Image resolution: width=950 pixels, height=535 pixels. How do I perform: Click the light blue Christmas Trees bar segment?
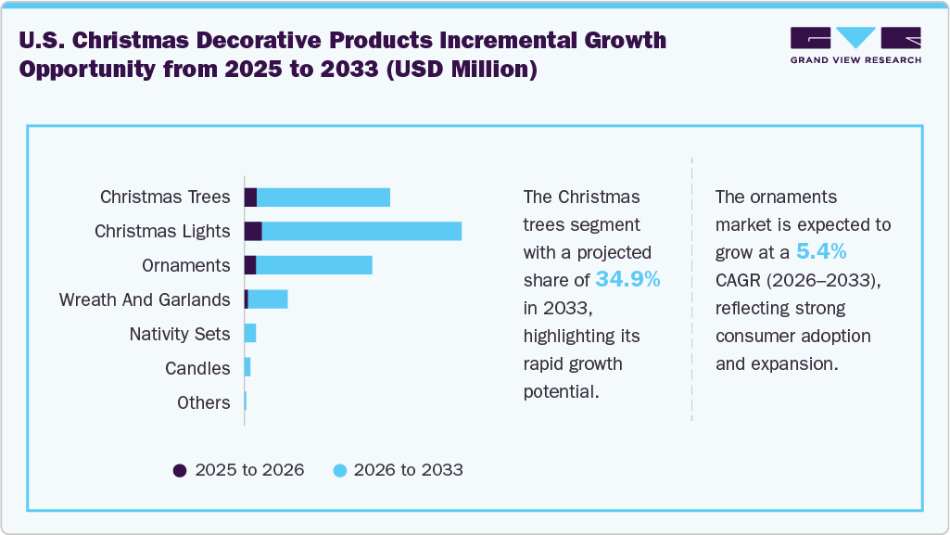coord(323,197)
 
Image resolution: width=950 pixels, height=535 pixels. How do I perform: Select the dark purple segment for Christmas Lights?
coord(253,231)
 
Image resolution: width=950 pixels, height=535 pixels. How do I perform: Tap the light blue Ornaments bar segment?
coord(314,265)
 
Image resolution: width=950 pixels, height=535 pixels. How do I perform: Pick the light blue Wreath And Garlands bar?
coord(268,299)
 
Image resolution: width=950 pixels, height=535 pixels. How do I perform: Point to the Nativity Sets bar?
coord(250,334)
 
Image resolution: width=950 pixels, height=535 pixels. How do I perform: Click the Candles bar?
coord(247,368)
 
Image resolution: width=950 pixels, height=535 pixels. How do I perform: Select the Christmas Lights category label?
coord(162,231)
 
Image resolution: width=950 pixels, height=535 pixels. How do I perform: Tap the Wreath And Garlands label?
coord(145,299)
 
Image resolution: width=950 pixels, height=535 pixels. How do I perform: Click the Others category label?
coord(203,402)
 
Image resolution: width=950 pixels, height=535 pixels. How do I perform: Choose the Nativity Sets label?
coord(180,334)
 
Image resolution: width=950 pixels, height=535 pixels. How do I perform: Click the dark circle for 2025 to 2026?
coord(180,470)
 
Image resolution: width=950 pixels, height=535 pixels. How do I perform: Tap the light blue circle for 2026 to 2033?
coord(339,470)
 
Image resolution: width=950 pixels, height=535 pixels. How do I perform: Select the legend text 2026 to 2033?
coord(408,470)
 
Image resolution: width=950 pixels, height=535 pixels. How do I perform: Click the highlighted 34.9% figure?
coord(627,279)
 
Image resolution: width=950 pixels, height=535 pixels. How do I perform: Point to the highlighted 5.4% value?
coord(821,251)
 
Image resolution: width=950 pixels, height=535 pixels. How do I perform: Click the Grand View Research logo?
coord(855,45)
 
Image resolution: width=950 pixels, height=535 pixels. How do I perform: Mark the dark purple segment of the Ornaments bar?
coord(250,265)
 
